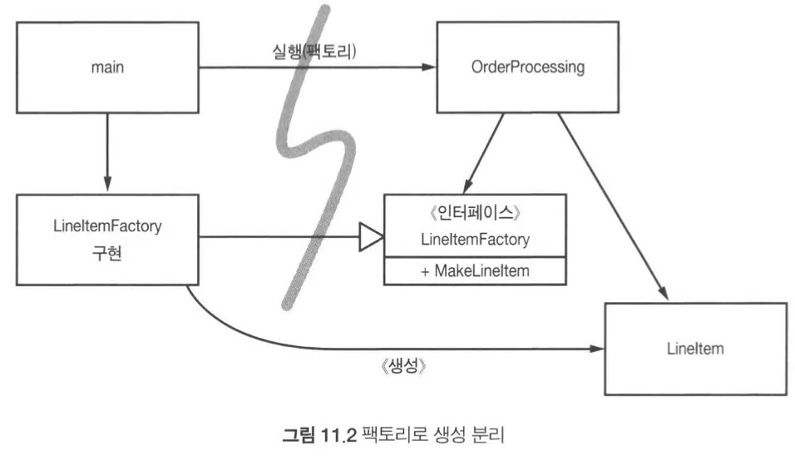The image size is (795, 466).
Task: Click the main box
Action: (x=107, y=67)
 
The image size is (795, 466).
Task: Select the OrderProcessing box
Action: (x=527, y=67)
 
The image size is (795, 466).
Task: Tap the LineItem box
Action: (x=694, y=349)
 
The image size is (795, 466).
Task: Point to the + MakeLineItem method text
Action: (x=474, y=271)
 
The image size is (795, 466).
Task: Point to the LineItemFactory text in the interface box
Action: (x=475, y=240)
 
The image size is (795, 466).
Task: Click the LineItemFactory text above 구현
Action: (x=107, y=227)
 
